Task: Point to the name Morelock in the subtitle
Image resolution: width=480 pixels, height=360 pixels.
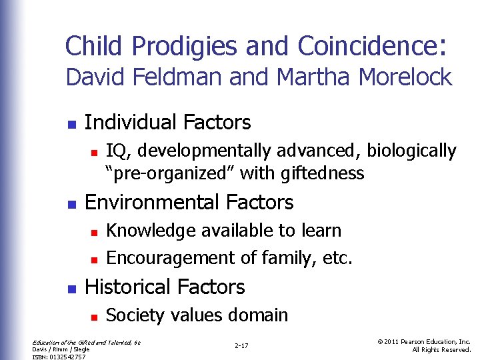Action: click(405, 77)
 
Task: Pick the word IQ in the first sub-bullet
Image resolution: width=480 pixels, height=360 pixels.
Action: click(115, 151)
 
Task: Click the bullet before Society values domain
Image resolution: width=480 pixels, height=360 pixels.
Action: click(94, 316)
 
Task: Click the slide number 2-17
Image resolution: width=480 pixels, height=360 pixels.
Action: click(241, 345)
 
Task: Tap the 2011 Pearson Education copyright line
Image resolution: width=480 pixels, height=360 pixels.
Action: click(424, 342)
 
